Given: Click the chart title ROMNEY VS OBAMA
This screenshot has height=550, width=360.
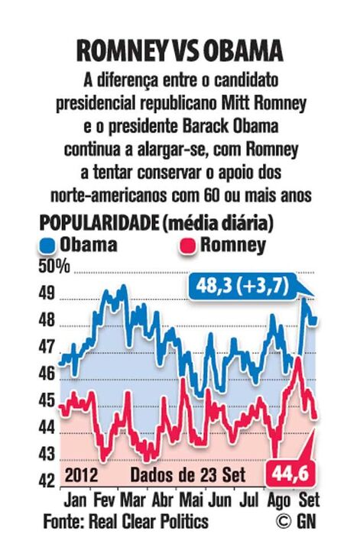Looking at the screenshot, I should [180, 50].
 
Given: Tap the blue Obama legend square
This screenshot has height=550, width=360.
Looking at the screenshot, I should [48, 246].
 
